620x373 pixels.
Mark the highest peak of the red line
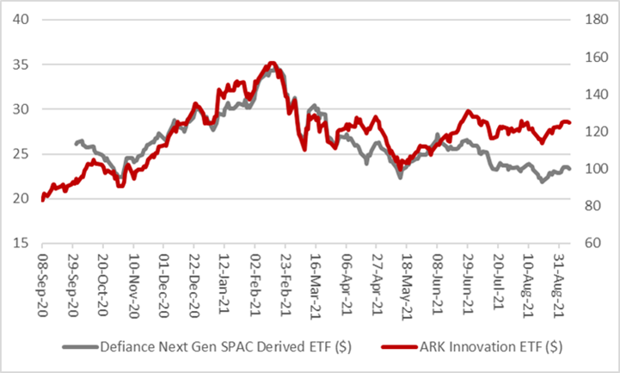point(272,63)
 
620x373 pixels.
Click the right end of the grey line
point(569,169)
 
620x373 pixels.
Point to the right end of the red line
point(569,122)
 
